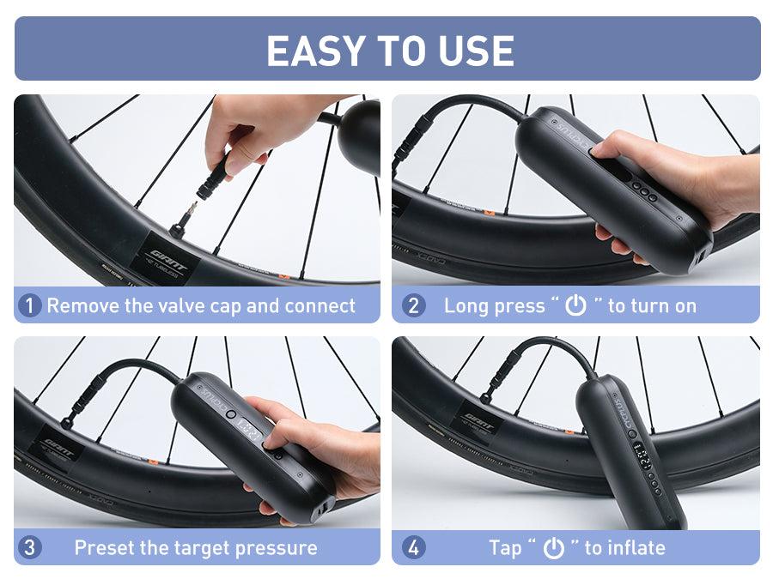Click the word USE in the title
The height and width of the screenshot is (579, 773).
[x=475, y=51]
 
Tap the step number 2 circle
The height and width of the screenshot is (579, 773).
[x=413, y=305]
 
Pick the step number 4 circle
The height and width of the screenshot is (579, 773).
[x=413, y=547]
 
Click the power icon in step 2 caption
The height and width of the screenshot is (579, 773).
[x=575, y=305]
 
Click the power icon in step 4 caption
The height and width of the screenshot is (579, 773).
[x=554, y=547]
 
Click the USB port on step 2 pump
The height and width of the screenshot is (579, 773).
[x=703, y=256]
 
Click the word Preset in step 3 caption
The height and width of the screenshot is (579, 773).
[x=103, y=547]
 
